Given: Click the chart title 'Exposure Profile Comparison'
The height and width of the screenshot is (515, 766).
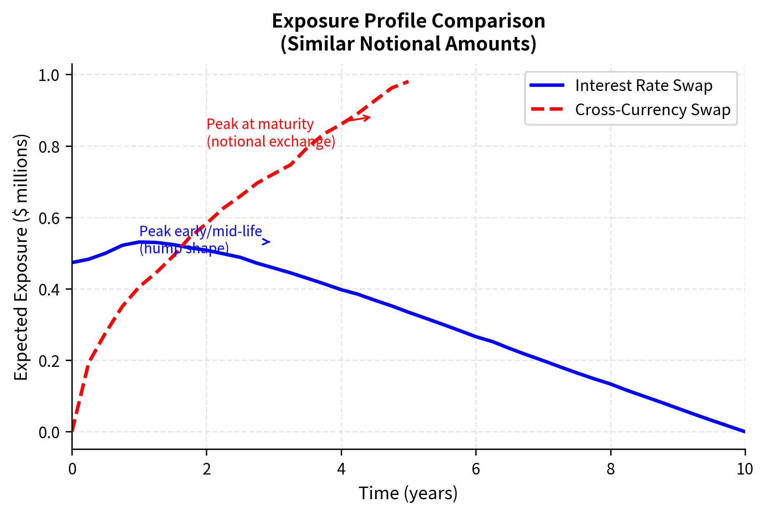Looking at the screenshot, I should (x=408, y=21).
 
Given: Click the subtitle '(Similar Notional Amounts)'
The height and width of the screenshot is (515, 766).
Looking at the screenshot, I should (x=408, y=44).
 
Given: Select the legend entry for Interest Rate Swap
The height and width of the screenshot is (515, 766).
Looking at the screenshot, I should (x=643, y=86).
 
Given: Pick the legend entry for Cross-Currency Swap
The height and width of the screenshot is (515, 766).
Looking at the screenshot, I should (x=652, y=110).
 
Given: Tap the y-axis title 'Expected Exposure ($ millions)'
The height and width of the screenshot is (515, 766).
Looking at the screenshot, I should (x=21, y=257).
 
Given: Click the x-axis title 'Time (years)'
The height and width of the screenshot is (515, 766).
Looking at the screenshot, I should (x=408, y=493).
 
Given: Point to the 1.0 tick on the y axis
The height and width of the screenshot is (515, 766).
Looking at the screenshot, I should (x=49, y=75).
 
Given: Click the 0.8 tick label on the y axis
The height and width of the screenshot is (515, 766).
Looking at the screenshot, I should (x=49, y=146).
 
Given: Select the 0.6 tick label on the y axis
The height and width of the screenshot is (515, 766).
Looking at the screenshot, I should (x=49, y=218).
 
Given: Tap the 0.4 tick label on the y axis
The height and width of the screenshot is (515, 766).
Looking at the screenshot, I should (x=49, y=289).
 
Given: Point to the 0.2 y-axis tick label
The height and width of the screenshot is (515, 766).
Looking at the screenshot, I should (x=49, y=361).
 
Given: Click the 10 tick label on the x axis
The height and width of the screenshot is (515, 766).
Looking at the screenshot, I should (x=745, y=470).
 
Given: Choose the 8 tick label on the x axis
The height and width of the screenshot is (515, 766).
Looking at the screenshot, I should (x=611, y=470).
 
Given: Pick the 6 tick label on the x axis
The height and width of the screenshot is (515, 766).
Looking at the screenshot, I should (x=476, y=470).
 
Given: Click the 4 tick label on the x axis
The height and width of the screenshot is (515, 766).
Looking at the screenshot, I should (x=341, y=470).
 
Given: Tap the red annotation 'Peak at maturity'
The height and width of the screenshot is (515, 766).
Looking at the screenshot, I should (x=260, y=124).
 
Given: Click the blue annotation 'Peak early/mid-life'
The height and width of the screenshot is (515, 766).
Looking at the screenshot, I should (x=200, y=231).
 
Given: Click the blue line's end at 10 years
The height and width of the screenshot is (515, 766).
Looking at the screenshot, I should (x=745, y=432).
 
